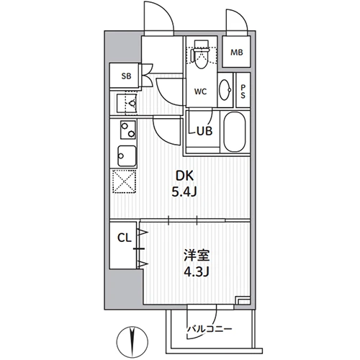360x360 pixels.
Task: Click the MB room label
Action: click(x=237, y=53)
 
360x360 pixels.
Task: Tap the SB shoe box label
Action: click(x=126, y=76)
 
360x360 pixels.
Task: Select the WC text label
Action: click(x=201, y=91)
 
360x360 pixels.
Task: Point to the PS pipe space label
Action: click(x=243, y=91)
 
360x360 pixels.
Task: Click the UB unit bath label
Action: click(x=204, y=131)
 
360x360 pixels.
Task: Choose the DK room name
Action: click(x=185, y=176)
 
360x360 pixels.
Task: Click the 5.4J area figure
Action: click(x=184, y=192)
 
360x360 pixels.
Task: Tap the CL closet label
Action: click(x=125, y=238)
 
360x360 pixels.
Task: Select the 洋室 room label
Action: click(x=197, y=256)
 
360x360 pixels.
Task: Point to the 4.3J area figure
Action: click(x=197, y=271)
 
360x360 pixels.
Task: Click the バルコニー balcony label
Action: click(x=210, y=328)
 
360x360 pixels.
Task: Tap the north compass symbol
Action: click(x=132, y=341)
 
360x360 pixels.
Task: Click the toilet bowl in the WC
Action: click(x=200, y=56)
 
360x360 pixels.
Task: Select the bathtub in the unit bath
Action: click(x=235, y=132)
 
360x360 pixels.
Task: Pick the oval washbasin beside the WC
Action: click(x=225, y=89)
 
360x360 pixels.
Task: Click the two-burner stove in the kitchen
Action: click(x=128, y=130)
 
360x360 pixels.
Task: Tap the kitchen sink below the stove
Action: click(x=127, y=156)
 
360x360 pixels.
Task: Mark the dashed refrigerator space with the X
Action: click(x=125, y=181)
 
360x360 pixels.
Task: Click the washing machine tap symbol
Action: click(x=132, y=104)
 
